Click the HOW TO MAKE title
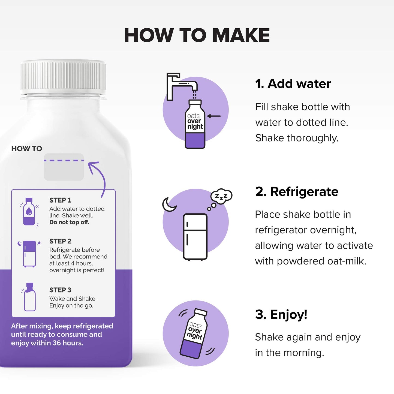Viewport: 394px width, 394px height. [x=197, y=35]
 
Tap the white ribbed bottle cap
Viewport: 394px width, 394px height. [x=63, y=76]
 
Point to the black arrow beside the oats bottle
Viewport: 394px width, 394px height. [x=214, y=116]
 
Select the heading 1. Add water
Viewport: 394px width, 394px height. [x=293, y=83]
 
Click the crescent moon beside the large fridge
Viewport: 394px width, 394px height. [x=169, y=204]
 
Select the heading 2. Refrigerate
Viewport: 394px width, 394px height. [x=297, y=191]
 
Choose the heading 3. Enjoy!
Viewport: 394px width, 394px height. [x=281, y=314]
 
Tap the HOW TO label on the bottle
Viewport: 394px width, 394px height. [x=27, y=149]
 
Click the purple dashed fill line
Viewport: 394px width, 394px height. [x=64, y=160]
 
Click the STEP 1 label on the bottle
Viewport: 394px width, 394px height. [x=60, y=200]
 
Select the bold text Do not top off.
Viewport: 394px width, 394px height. [x=69, y=222]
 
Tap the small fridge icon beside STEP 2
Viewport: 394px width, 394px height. [x=29, y=254]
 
